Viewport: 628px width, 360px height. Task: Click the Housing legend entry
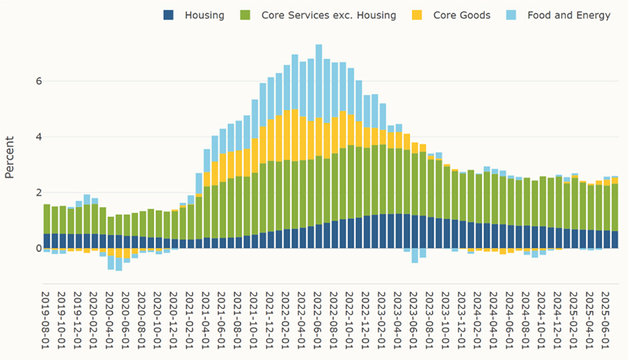(204, 15)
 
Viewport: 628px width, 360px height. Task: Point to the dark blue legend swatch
(169, 15)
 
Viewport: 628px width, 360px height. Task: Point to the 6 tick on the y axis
(29, 81)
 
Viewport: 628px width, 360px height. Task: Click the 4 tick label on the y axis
(29, 137)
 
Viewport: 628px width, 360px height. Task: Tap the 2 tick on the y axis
(29, 193)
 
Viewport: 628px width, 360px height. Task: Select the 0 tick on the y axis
(29, 248)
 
